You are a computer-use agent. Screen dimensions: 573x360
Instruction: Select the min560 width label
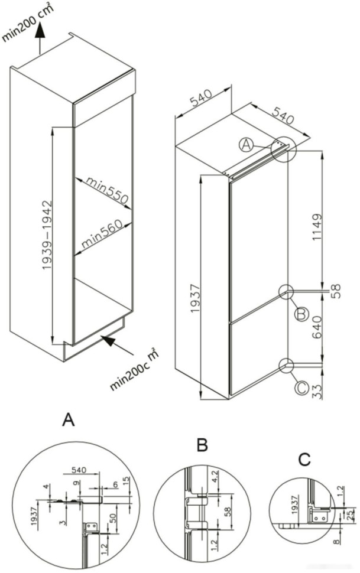click(x=101, y=233)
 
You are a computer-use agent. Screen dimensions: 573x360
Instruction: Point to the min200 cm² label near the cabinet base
click(x=135, y=370)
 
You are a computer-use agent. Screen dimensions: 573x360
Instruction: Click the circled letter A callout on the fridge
click(x=247, y=144)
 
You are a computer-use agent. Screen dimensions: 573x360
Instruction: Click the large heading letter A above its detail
click(x=69, y=420)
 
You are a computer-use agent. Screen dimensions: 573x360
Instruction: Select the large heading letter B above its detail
click(x=202, y=445)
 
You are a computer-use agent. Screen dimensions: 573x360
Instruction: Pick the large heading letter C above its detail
click(x=304, y=458)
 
